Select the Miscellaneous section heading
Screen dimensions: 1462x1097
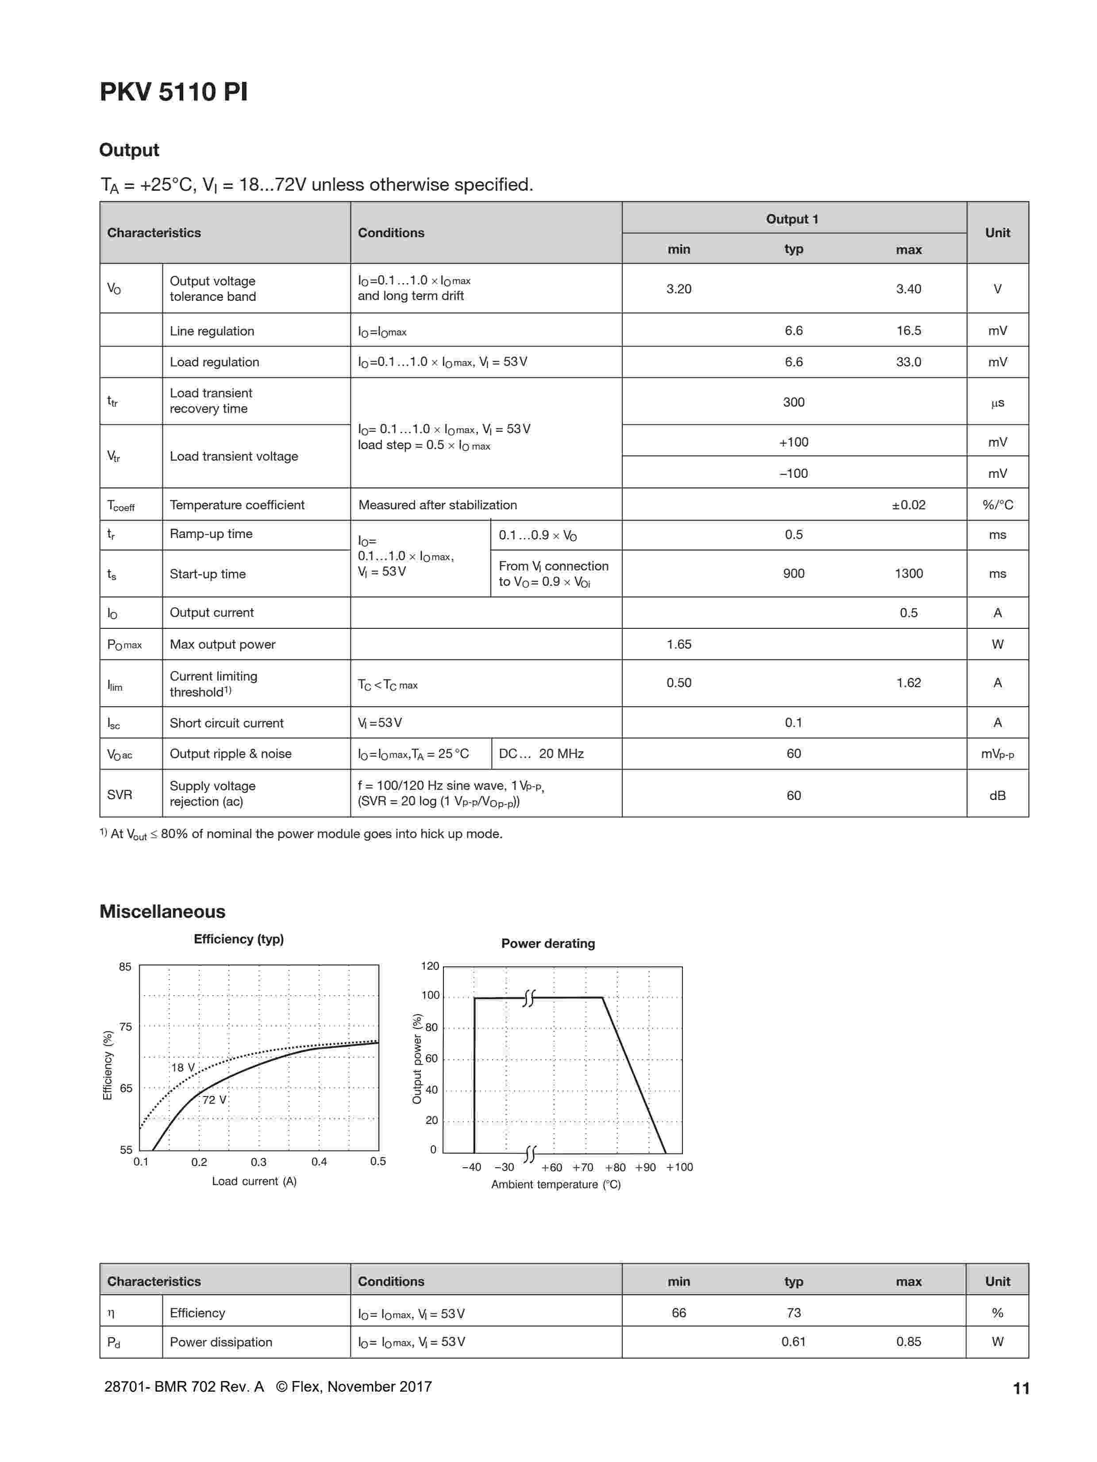click(x=162, y=912)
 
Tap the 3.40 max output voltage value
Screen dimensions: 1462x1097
click(x=908, y=289)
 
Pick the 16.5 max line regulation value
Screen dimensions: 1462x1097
click(x=908, y=331)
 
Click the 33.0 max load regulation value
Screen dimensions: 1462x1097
click(x=908, y=362)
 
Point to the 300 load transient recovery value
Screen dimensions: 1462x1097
click(x=793, y=402)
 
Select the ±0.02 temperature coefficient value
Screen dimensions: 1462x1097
click(x=908, y=505)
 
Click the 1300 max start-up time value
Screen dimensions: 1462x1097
click(x=908, y=574)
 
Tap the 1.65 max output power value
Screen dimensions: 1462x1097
click(x=679, y=644)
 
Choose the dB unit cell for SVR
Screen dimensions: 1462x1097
click(x=997, y=795)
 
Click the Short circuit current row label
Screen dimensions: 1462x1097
click(x=226, y=723)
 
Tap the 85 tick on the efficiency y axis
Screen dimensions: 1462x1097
click(x=125, y=967)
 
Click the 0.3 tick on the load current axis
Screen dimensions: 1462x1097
click(x=258, y=1162)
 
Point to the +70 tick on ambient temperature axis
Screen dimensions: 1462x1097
click(x=582, y=1167)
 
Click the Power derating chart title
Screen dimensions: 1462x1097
click(x=548, y=943)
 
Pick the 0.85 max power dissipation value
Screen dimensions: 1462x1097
click(x=908, y=1342)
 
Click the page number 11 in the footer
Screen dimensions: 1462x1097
click(x=1020, y=1389)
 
